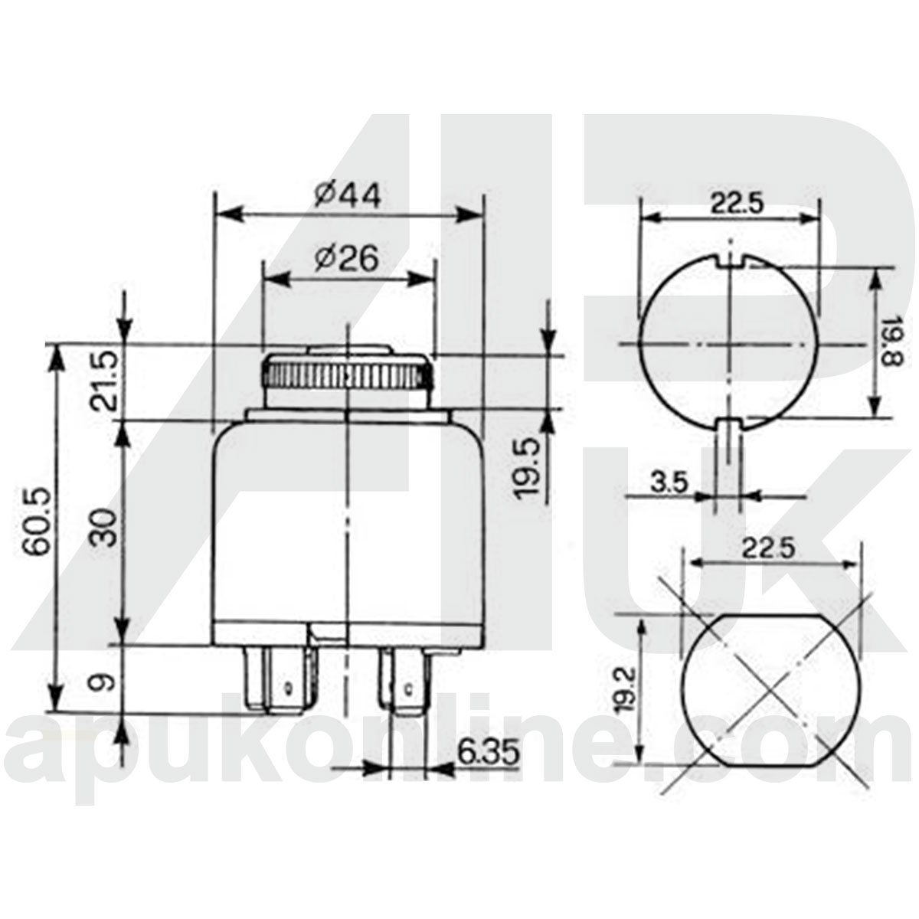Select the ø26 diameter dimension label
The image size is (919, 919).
pyautogui.click(x=346, y=260)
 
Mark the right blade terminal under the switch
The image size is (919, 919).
pyautogui.click(x=403, y=680)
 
